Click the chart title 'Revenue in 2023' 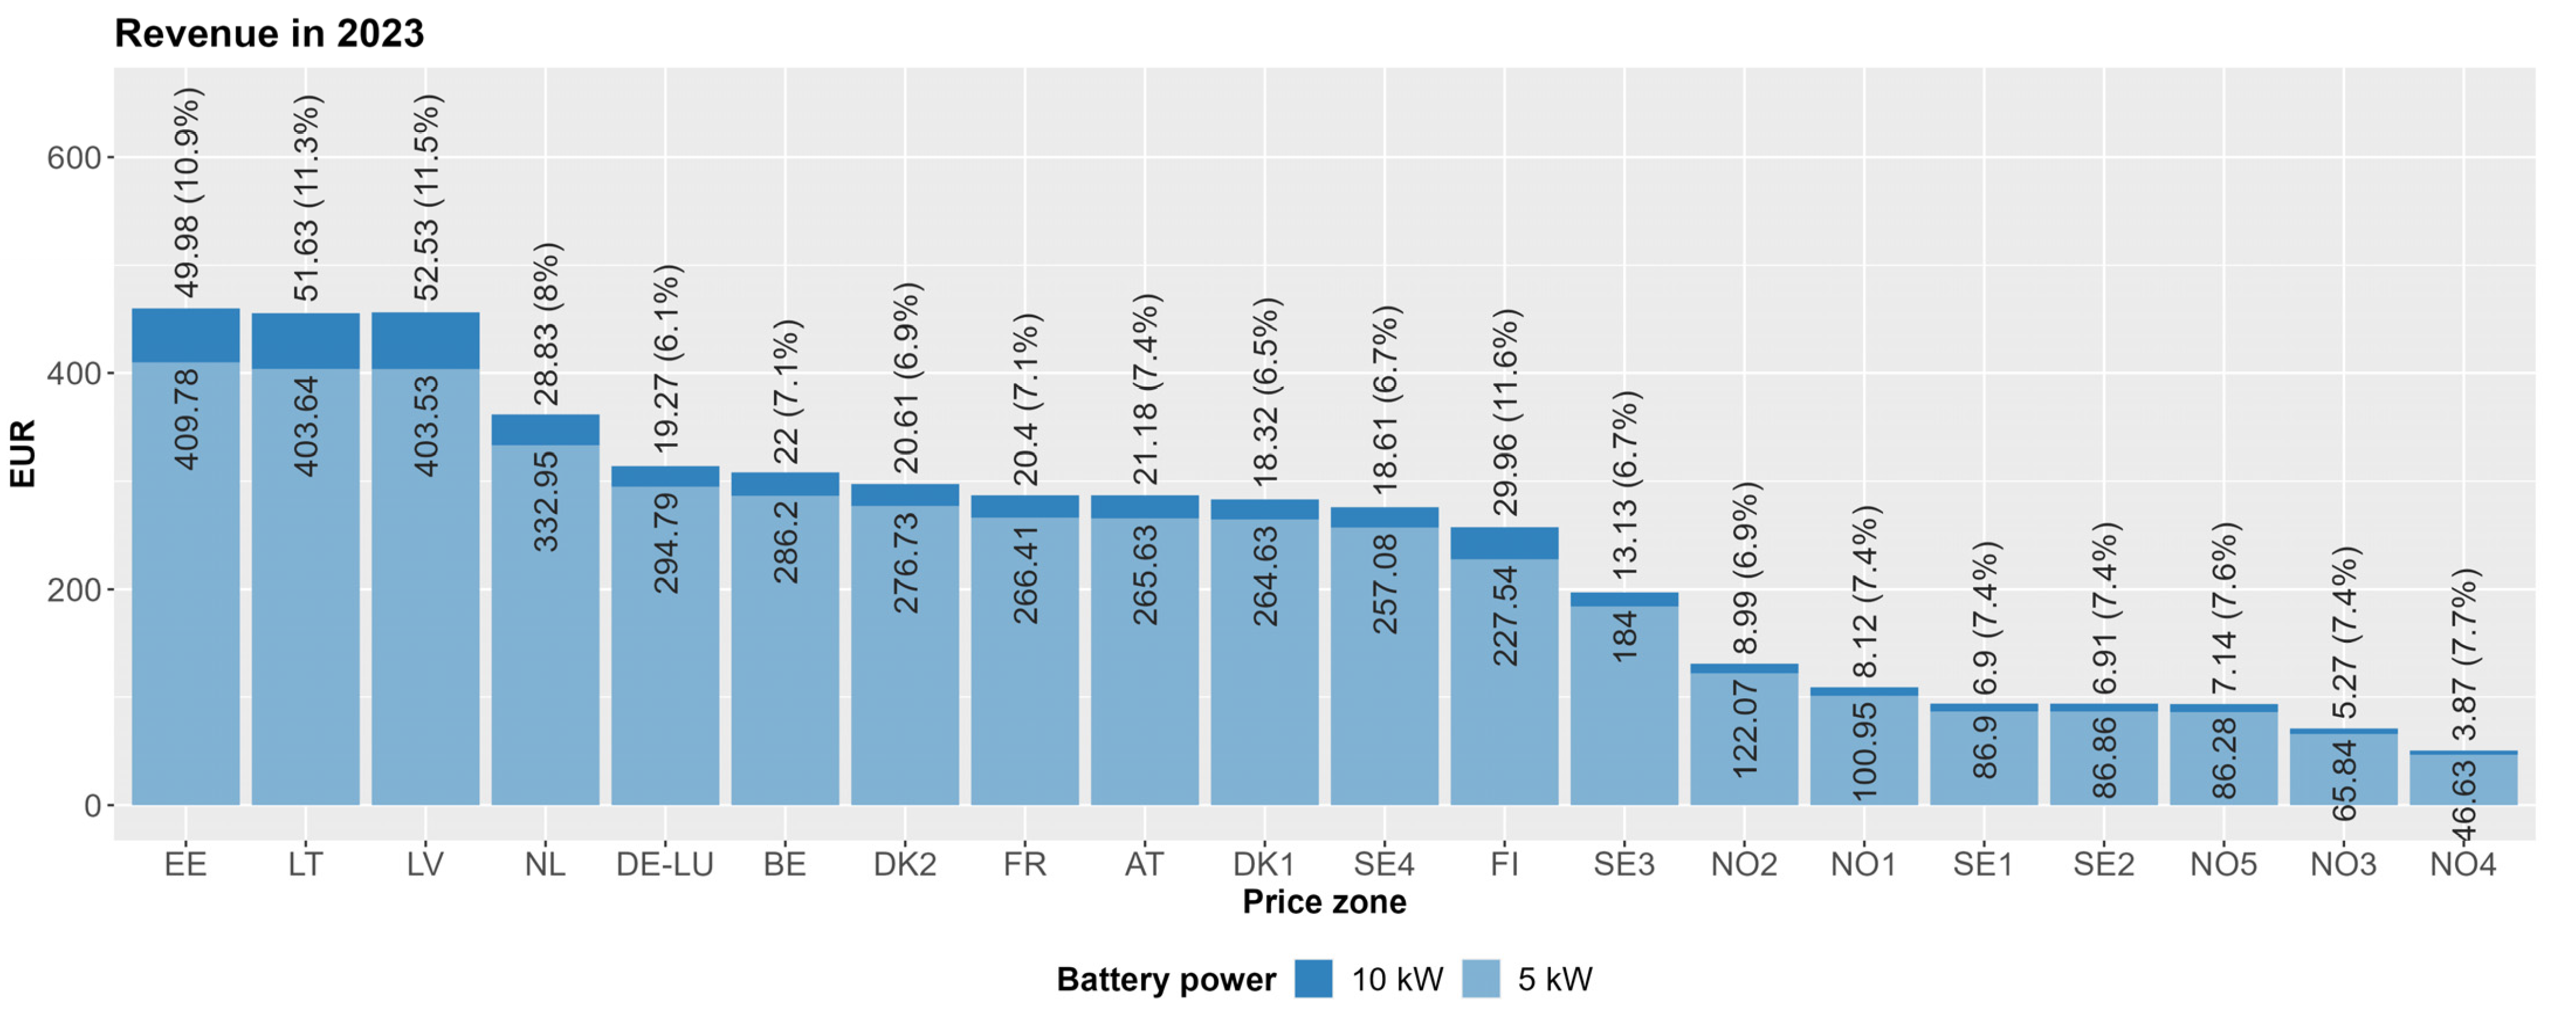pyautogui.click(x=268, y=34)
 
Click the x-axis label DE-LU pyautogui.click(x=665, y=864)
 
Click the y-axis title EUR pyautogui.click(x=22, y=454)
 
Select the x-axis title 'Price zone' pyautogui.click(x=1324, y=902)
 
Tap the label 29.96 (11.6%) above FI pyautogui.click(x=1505, y=412)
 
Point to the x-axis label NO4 pyautogui.click(x=2463, y=864)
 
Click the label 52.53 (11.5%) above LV pyautogui.click(x=426, y=197)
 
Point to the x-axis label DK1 pyautogui.click(x=1264, y=864)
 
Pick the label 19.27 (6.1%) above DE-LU pyautogui.click(x=666, y=358)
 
